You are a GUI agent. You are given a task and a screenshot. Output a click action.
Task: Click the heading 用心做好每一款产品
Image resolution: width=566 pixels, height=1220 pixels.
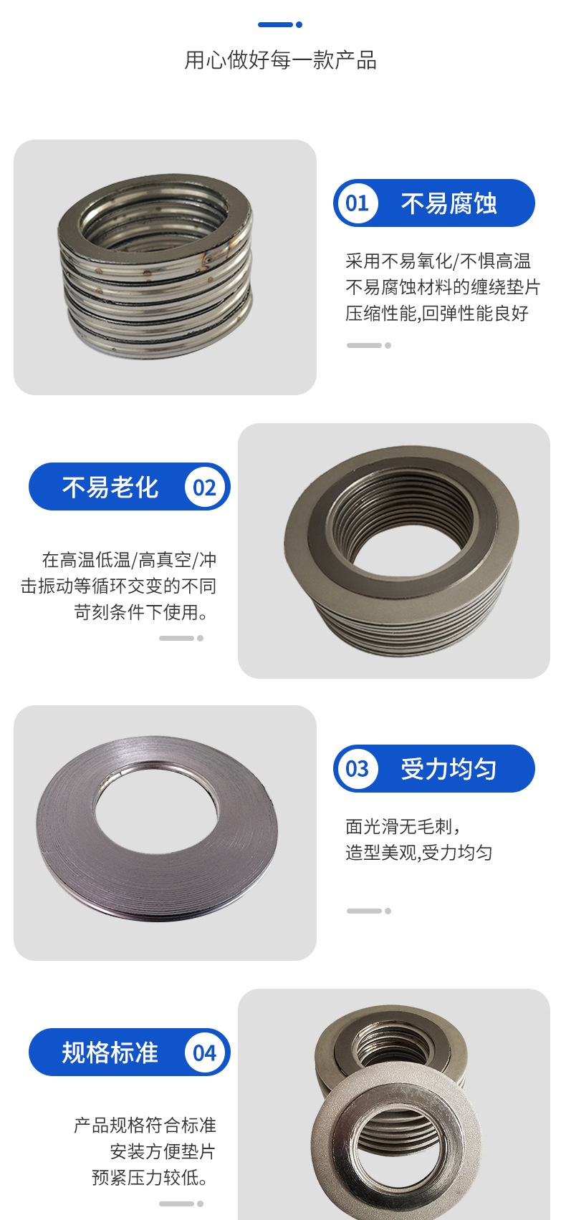pyautogui.click(x=280, y=60)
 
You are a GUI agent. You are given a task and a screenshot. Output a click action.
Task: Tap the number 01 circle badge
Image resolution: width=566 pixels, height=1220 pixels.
pyautogui.click(x=357, y=203)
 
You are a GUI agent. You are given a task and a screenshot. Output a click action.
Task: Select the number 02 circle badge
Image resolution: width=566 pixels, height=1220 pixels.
pyautogui.click(x=204, y=487)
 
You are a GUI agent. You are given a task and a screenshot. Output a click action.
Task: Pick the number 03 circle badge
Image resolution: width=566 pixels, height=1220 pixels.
pyautogui.click(x=357, y=768)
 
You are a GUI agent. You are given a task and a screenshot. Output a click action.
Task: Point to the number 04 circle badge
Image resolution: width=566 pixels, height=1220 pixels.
pyautogui.click(x=204, y=1052)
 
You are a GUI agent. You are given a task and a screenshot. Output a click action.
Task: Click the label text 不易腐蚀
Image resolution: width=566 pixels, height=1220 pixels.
pyautogui.click(x=449, y=203)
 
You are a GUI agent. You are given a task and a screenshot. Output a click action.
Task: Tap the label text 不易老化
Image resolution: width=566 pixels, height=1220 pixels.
pyautogui.click(x=110, y=487)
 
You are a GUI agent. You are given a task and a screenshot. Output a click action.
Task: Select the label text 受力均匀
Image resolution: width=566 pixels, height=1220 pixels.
pyautogui.click(x=449, y=768)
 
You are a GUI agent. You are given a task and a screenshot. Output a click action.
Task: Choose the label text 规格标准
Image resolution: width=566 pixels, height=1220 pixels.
pyautogui.click(x=110, y=1052)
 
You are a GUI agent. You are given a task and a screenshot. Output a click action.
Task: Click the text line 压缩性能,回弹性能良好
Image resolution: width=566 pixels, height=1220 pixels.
pyautogui.click(x=437, y=313)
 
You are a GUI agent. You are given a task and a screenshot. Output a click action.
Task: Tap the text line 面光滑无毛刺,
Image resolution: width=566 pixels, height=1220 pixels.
pyautogui.click(x=403, y=826)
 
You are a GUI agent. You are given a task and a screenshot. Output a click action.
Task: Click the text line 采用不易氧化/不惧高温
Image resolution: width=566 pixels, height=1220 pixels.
pyautogui.click(x=438, y=261)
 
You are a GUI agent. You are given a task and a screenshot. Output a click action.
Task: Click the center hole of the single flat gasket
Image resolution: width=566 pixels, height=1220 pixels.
pyautogui.click(x=156, y=808)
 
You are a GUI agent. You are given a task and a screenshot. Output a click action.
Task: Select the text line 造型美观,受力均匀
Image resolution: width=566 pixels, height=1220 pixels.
pyautogui.click(x=419, y=853)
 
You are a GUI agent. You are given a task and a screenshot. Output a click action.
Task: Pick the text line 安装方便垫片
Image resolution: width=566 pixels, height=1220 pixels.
pyautogui.click(x=163, y=1151)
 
